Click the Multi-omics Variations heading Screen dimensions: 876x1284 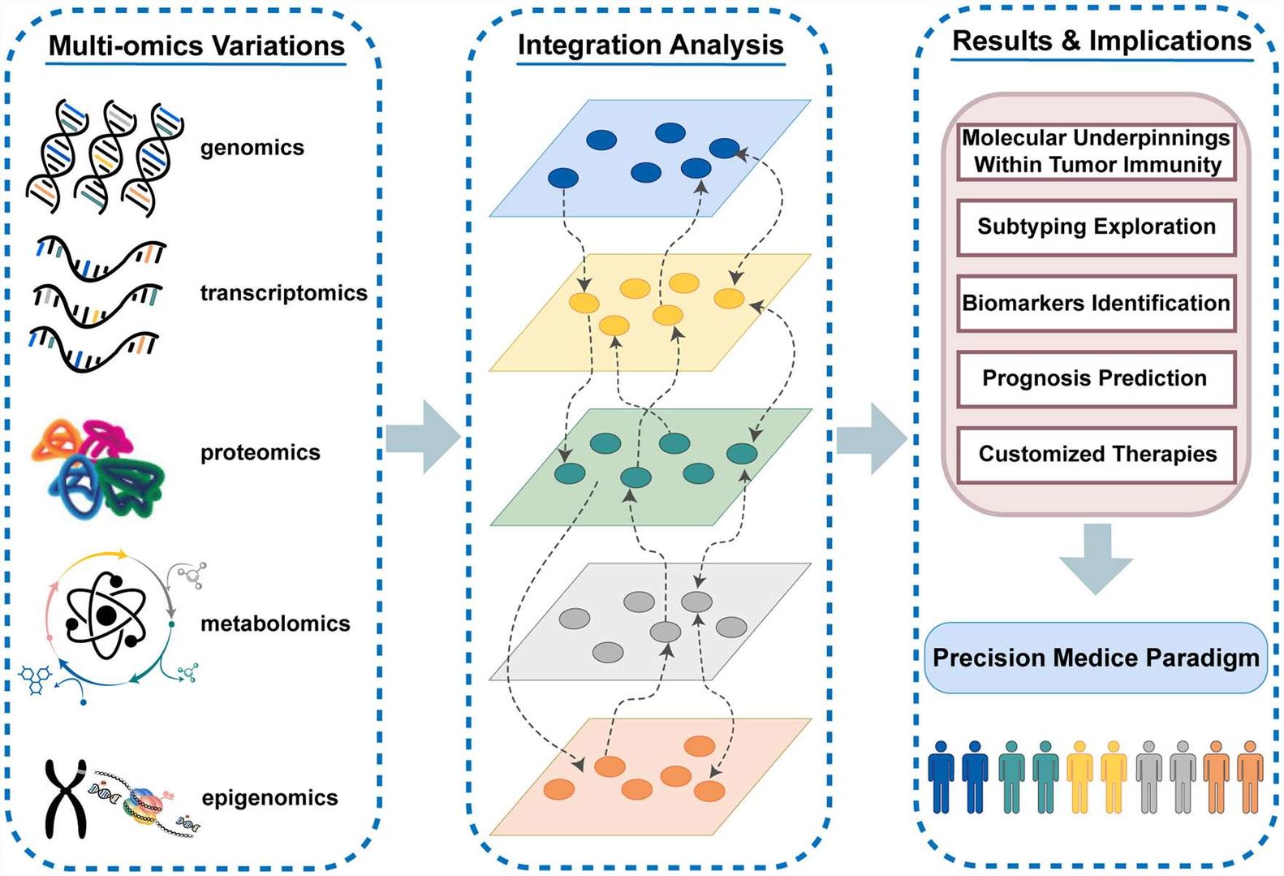[196, 45]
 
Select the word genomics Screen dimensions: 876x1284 [252, 148]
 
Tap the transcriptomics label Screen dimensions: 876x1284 [283, 292]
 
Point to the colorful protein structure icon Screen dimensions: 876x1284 [97, 468]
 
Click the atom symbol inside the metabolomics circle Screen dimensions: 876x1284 [106, 616]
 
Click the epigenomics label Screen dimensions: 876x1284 [269, 798]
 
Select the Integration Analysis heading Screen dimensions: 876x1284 [650, 45]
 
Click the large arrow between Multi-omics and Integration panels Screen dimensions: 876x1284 [423, 437]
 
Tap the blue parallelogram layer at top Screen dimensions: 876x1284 [649, 158]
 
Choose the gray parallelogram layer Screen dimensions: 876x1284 [649, 622]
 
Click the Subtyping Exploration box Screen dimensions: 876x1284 [1096, 227]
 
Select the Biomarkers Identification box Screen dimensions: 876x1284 [1096, 303]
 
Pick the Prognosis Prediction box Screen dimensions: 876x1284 [1096, 378]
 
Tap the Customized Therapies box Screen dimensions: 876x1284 [1096, 454]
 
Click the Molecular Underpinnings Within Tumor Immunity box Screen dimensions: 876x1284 [1096, 151]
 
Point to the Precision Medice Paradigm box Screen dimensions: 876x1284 [1096, 658]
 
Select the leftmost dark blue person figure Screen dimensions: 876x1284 [941, 777]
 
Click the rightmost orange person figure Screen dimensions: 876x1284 [1250, 777]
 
